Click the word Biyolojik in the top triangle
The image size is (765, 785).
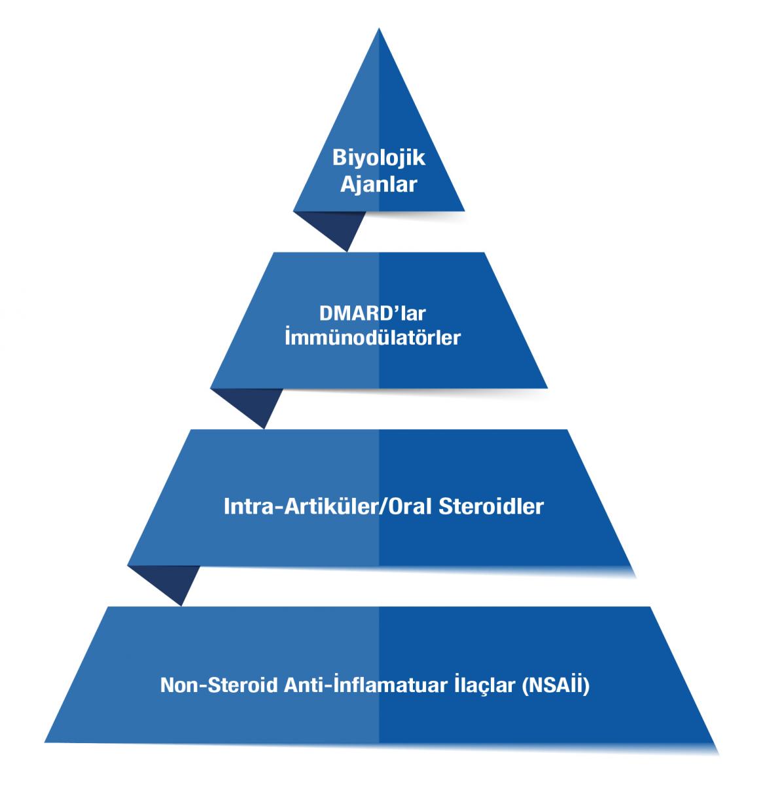point(379,159)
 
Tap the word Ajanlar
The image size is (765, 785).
point(379,185)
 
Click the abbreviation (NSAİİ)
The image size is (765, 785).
point(558,687)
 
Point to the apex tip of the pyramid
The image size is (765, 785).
point(379,29)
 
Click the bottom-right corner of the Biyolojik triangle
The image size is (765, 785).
point(464,211)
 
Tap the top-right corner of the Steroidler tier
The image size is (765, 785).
point(567,430)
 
